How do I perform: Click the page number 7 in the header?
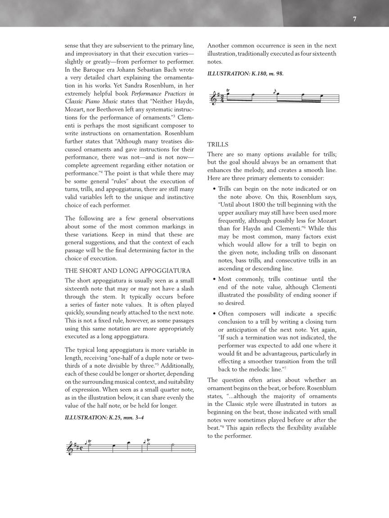(355, 19)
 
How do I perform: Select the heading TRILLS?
(218, 144)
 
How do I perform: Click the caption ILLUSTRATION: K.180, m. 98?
(245, 73)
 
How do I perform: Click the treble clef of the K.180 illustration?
(213, 98)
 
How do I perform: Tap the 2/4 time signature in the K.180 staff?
(222, 98)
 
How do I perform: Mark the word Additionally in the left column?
(176, 365)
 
